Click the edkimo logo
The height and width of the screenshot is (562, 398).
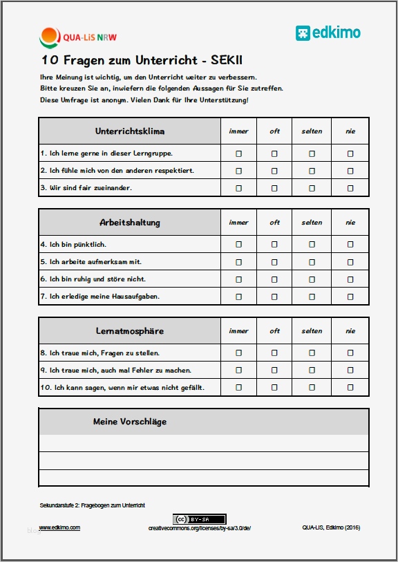[328, 32]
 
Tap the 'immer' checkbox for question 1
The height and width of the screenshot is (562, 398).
[239, 153]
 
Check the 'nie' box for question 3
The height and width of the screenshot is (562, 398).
[350, 188]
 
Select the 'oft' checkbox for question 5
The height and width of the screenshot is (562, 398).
[274, 262]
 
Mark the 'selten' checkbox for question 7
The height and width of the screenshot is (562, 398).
[312, 297]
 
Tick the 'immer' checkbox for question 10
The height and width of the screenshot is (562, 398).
[239, 387]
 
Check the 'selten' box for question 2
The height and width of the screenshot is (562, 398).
[312, 171]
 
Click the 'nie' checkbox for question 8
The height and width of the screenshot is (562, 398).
[350, 353]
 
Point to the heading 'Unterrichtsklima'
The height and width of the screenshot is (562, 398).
[129, 131]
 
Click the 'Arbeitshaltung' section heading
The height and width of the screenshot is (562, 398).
[129, 223]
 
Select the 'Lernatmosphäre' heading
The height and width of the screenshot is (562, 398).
[129, 331]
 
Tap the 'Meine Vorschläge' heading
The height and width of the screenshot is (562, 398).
[129, 422]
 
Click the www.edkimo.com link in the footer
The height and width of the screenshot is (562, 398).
[59, 527]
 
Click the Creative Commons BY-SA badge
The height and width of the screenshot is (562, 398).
[200, 519]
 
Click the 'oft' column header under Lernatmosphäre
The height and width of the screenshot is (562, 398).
[274, 331]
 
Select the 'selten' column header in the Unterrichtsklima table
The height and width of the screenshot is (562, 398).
[312, 131]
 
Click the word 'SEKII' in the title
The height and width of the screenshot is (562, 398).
[222, 61]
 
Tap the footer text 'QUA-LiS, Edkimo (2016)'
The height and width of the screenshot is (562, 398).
[330, 527]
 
